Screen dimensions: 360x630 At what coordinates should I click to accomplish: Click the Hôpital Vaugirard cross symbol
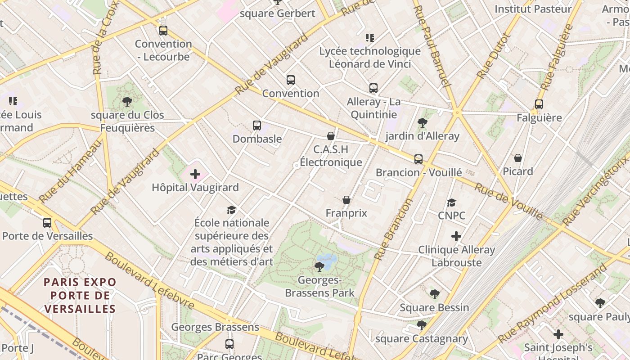pyautogui.click(x=195, y=174)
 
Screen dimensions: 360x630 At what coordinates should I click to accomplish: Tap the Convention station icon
pyautogui.click(x=291, y=80)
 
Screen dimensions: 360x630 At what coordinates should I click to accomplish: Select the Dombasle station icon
pyautogui.click(x=257, y=126)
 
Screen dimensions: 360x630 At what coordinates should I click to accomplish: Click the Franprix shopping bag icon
pyautogui.click(x=346, y=200)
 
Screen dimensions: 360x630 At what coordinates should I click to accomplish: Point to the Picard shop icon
pyautogui.click(x=518, y=158)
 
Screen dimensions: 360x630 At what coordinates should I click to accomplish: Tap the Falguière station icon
pyautogui.click(x=539, y=104)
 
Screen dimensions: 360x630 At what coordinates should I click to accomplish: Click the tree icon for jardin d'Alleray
pyautogui.click(x=422, y=122)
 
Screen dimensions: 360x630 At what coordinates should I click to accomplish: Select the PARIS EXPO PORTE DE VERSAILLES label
pyautogui.click(x=80, y=295)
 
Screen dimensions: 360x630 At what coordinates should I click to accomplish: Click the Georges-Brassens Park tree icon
pyautogui.click(x=319, y=267)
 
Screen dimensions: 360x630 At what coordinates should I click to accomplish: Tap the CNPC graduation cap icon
pyautogui.click(x=451, y=202)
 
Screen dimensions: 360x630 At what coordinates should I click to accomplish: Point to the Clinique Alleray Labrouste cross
pyautogui.click(x=456, y=236)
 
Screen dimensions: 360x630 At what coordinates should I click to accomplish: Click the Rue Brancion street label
pyautogui.click(x=393, y=229)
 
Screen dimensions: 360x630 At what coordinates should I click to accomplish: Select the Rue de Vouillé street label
pyautogui.click(x=508, y=202)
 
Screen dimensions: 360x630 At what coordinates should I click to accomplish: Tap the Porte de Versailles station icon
pyautogui.click(x=47, y=222)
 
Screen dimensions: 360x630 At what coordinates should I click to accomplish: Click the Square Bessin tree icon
pyautogui.click(x=434, y=294)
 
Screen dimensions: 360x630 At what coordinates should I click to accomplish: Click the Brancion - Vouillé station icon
pyautogui.click(x=418, y=159)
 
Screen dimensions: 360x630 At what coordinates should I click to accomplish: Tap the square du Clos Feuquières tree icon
pyautogui.click(x=127, y=102)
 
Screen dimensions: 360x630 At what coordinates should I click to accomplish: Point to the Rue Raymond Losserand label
pyautogui.click(x=553, y=304)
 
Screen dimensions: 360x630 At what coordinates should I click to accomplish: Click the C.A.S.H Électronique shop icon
pyautogui.click(x=331, y=135)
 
